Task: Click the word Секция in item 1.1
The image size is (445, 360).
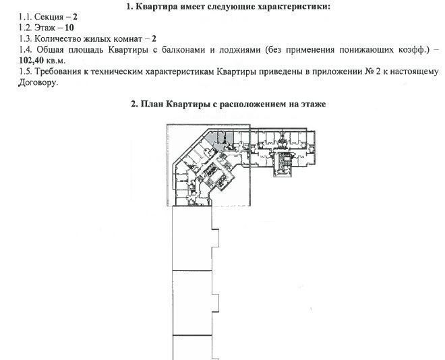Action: tap(49, 17)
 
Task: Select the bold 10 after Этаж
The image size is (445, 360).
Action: tap(69, 28)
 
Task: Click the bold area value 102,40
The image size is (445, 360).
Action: tap(31, 61)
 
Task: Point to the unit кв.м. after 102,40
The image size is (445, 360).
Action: tap(55, 61)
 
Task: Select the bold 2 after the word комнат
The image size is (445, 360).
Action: tap(154, 39)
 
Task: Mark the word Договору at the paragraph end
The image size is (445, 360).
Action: tap(38, 83)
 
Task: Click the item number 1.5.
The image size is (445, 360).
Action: tap(25, 71)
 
